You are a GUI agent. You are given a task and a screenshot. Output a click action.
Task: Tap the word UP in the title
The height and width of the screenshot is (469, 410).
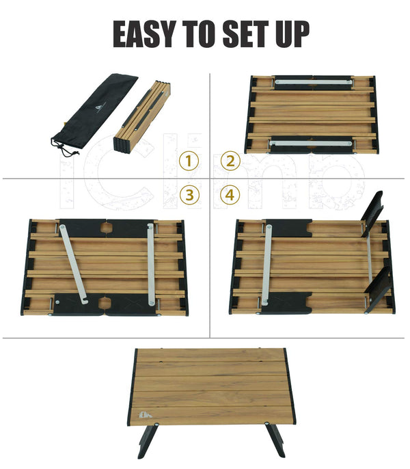[x=292, y=34]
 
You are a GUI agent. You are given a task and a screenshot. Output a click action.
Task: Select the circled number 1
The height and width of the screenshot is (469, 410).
[x=189, y=161]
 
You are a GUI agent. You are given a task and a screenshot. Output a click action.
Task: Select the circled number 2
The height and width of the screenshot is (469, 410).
[x=230, y=161]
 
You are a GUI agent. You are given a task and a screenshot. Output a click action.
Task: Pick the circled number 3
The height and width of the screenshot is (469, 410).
[x=189, y=195]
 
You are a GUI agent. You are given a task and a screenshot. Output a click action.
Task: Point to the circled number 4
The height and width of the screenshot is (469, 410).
[x=230, y=195]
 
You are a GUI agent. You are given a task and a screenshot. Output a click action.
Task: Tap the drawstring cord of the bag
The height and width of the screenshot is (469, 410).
[x=64, y=149]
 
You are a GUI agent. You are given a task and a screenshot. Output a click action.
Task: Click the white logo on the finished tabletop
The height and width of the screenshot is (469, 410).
[x=146, y=415]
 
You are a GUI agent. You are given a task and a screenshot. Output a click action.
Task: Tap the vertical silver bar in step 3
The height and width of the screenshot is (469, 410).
[x=151, y=265]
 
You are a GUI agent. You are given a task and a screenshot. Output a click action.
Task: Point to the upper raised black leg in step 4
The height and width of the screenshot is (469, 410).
[x=372, y=214]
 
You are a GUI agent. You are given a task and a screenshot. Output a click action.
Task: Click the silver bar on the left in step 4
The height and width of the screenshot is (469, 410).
[x=266, y=265]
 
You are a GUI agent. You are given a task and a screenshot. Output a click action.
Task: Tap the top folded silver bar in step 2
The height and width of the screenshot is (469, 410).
[x=313, y=81]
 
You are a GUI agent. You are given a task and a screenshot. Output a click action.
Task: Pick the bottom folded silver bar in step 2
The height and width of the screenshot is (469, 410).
[x=311, y=144]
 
